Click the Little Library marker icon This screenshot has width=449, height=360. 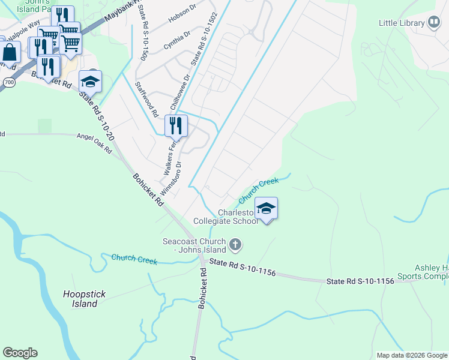[434, 23]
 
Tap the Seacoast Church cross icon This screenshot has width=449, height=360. [235, 245]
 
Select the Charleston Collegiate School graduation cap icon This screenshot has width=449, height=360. [267, 208]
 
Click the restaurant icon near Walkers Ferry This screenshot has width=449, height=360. [176, 125]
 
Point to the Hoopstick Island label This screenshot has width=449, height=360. [80, 299]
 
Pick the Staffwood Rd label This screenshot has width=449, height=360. [146, 100]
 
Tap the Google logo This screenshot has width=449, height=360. [20, 353]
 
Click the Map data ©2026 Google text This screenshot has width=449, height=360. [411, 355]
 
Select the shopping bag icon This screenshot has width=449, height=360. [10, 52]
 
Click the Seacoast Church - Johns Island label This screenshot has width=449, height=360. [195, 245]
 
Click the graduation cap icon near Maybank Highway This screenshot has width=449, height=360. [91, 81]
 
